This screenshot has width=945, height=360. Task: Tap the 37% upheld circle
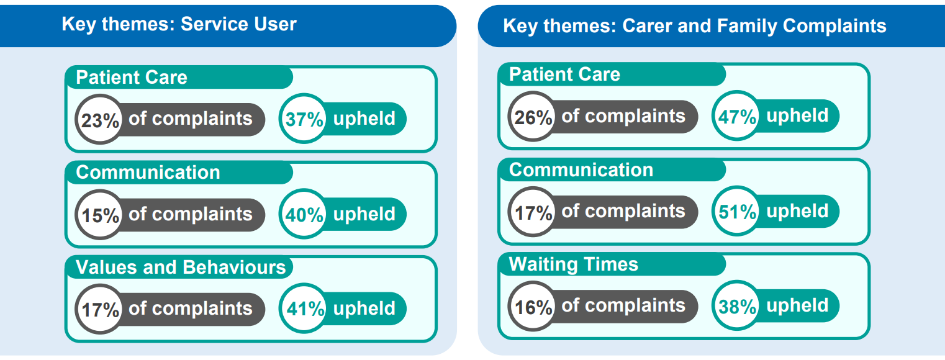(304, 119)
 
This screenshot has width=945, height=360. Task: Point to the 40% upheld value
(304, 215)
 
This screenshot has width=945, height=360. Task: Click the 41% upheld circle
(304, 309)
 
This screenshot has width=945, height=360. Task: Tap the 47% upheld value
(736, 117)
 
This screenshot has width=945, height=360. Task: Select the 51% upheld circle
(736, 212)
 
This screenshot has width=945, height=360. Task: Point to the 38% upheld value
(736, 307)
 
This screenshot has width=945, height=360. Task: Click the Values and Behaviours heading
(181, 267)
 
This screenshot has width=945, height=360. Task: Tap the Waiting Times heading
(573, 264)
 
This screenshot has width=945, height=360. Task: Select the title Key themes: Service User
(179, 24)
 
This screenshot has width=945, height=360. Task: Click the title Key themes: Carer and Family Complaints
(694, 26)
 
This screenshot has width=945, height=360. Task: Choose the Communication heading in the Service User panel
(148, 172)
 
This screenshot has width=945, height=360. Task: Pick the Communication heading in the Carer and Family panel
(581, 169)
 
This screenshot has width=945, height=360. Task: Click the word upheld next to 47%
(797, 116)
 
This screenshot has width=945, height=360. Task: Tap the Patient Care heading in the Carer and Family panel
(564, 74)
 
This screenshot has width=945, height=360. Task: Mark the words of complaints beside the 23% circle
(190, 119)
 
